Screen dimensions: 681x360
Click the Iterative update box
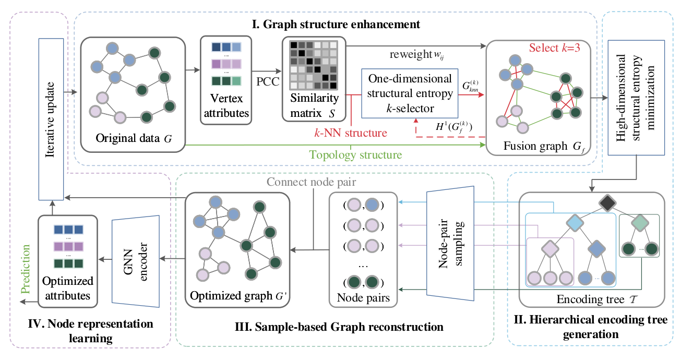point(51,119)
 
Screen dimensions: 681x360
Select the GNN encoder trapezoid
point(136,261)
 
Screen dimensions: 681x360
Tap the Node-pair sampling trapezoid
point(450,243)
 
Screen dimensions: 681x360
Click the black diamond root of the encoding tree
point(607,203)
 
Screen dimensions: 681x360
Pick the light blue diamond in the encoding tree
point(575,223)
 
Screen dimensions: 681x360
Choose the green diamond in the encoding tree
point(640,223)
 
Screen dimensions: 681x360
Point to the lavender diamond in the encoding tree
point(550,249)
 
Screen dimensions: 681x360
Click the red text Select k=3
point(555,47)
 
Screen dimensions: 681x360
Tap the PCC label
point(268,81)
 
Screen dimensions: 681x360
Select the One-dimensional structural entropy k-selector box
point(410,93)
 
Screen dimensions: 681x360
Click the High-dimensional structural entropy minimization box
point(636,98)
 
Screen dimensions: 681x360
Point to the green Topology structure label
point(355,155)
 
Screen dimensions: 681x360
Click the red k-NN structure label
point(351,133)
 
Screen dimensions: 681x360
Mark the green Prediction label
point(26,269)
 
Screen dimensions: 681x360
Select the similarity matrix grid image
point(314,65)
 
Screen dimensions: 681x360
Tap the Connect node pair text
point(312,182)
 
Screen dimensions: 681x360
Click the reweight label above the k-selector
point(411,54)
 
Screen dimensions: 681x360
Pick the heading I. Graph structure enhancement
point(336,24)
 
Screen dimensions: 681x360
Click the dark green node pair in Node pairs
point(363,282)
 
